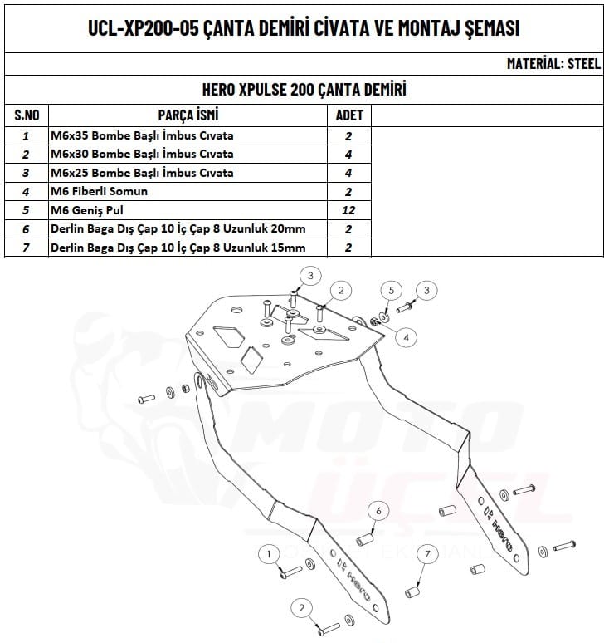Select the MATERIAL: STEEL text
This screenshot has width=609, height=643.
pyautogui.click(x=553, y=64)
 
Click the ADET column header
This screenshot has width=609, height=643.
pyautogui.click(x=348, y=115)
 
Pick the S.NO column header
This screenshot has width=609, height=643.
pyautogui.click(x=27, y=115)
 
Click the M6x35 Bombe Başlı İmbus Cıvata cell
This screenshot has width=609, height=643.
pyautogui.click(x=142, y=135)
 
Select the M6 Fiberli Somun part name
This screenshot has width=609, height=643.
pyautogui.click(x=99, y=191)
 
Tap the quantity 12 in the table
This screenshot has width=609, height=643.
pyautogui.click(x=348, y=210)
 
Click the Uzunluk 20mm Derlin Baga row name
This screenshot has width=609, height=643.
pyautogui.click(x=178, y=229)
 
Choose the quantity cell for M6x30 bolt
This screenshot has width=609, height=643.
pyautogui.click(x=348, y=154)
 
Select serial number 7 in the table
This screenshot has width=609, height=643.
pyautogui.click(x=27, y=248)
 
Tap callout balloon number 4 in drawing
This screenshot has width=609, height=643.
pyautogui.click(x=407, y=336)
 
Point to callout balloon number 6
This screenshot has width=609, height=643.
pyautogui.click(x=378, y=509)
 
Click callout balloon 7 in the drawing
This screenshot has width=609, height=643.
pyautogui.click(x=426, y=554)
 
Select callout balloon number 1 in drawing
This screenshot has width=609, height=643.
pyautogui.click(x=269, y=552)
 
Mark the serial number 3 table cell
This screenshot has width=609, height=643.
pyautogui.click(x=27, y=173)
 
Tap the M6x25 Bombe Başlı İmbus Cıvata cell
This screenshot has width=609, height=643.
pyautogui.click(x=142, y=173)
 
